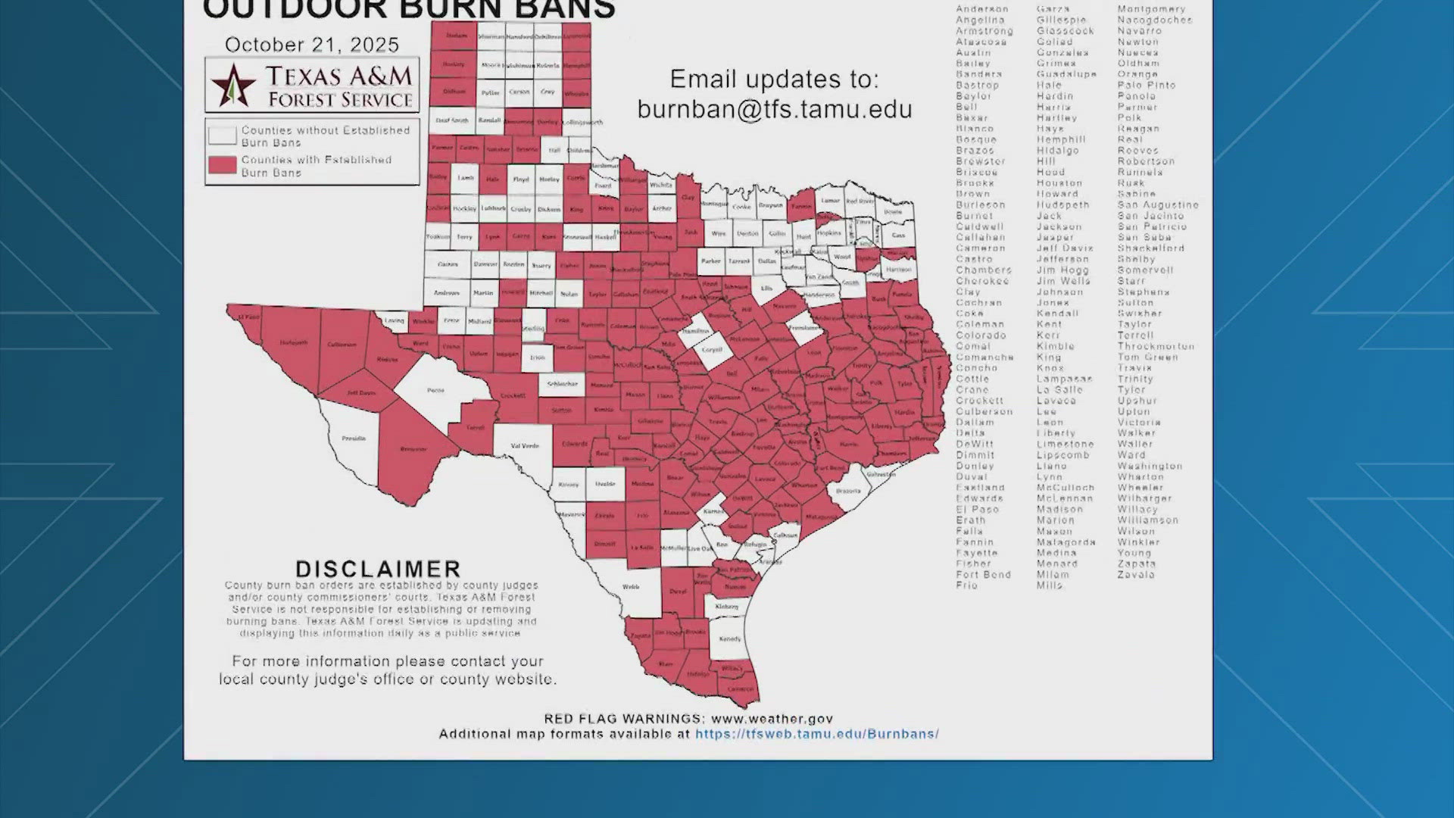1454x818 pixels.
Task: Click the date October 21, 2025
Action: pyautogui.click(x=311, y=45)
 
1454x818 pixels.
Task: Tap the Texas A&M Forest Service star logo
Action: pyautogui.click(x=232, y=85)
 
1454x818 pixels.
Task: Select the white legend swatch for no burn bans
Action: pyautogui.click(x=222, y=136)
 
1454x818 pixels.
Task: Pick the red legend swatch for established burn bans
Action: pyautogui.click(x=222, y=165)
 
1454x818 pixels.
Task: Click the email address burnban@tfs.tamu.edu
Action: pyautogui.click(x=774, y=110)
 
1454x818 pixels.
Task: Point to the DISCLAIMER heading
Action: pyautogui.click(x=378, y=569)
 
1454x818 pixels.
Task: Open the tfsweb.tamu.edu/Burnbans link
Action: pyautogui.click(x=817, y=734)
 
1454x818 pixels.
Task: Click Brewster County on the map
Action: pyautogui.click(x=413, y=449)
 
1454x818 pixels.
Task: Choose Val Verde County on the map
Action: pyautogui.click(x=524, y=446)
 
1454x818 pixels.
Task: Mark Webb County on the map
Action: pyautogui.click(x=630, y=587)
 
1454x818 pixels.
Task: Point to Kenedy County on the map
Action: pyautogui.click(x=729, y=639)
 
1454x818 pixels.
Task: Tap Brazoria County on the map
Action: pyautogui.click(x=847, y=491)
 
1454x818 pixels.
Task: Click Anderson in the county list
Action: pyautogui.click(x=981, y=9)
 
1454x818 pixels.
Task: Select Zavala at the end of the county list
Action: pyautogui.click(x=1136, y=575)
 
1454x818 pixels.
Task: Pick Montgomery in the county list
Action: pyautogui.click(x=1151, y=9)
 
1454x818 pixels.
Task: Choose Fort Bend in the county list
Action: pyautogui.click(x=983, y=575)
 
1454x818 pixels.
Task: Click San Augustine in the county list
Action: pyautogui.click(x=1158, y=204)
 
